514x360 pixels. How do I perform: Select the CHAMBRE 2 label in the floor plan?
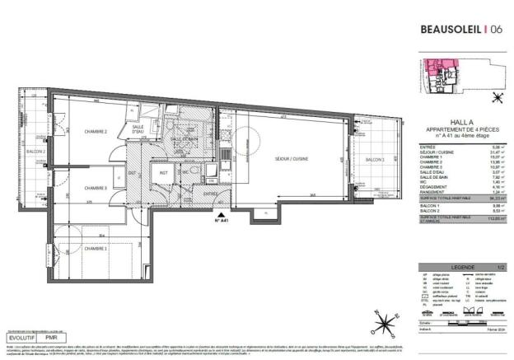[x=96, y=130]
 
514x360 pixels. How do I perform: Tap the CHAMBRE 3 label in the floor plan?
[x=96, y=189]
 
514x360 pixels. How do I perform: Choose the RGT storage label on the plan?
[x=163, y=172]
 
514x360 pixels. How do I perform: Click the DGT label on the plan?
[x=132, y=172]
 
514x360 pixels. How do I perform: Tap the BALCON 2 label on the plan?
[x=35, y=152]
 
